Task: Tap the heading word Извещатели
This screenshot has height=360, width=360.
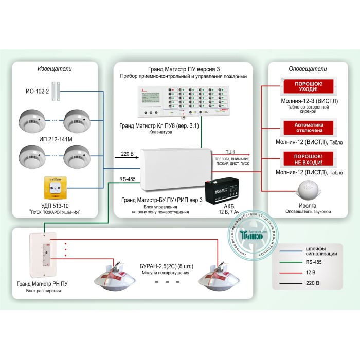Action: click(x=55, y=68)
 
